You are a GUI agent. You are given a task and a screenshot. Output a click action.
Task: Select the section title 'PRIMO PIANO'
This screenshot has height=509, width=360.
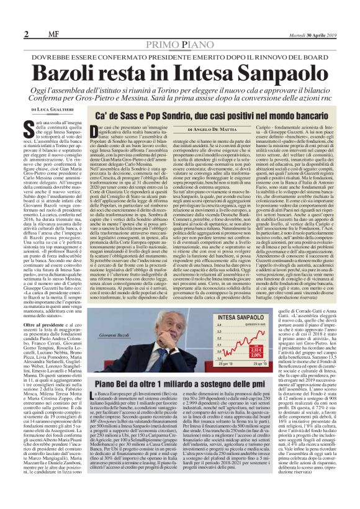[179, 48]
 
